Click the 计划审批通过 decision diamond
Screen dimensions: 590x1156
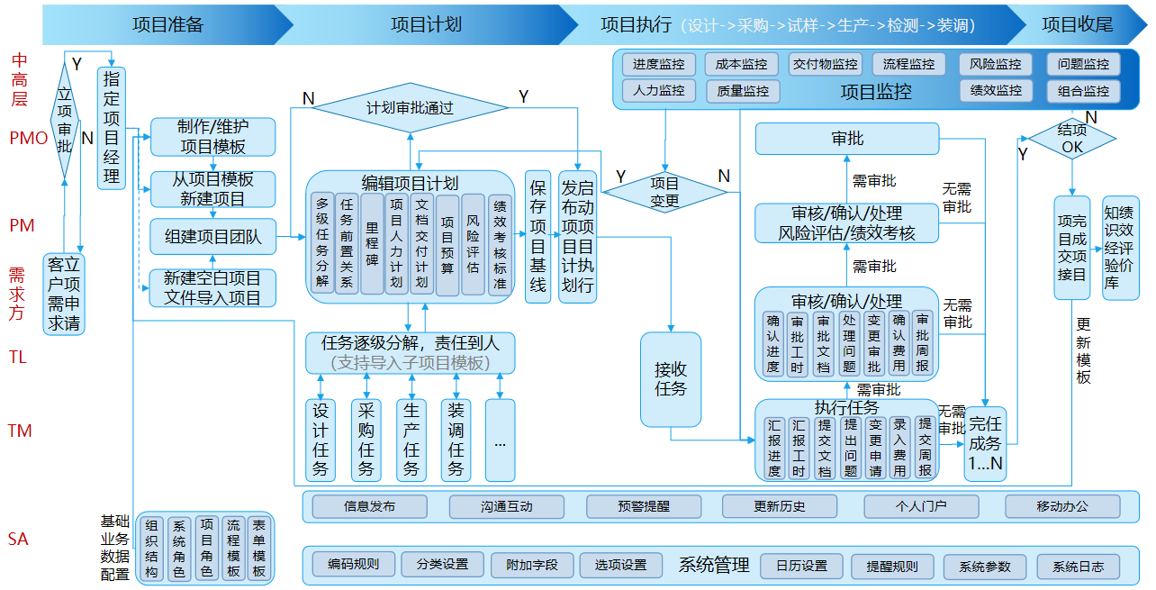click(x=410, y=108)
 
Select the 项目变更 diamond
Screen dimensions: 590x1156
click(x=664, y=193)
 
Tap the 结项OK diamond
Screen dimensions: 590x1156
click(x=1071, y=138)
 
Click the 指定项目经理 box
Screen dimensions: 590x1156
click(x=112, y=127)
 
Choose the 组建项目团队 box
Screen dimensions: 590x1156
click(x=213, y=237)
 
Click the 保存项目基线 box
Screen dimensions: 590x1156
click(x=537, y=237)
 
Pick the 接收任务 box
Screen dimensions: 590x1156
click(x=671, y=379)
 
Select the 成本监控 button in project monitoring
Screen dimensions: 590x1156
click(x=742, y=65)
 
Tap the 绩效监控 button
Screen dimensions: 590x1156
click(x=996, y=91)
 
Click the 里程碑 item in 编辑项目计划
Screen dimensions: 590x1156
click(x=372, y=243)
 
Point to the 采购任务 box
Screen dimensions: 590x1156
click(x=366, y=440)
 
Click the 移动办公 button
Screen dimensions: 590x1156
click(x=1062, y=506)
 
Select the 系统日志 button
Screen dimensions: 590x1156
click(x=1078, y=567)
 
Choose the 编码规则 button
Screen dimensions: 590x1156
click(x=353, y=566)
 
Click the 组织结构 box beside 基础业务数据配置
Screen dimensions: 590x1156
click(x=152, y=549)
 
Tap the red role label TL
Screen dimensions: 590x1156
click(x=18, y=358)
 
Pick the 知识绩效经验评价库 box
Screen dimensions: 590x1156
click(x=1120, y=248)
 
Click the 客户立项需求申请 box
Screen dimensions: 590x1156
click(x=64, y=294)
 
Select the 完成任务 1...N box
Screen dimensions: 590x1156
click(x=984, y=444)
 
